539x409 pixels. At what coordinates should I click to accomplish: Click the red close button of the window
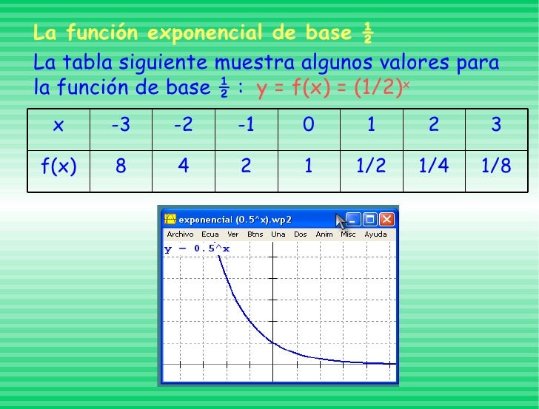(x=387, y=220)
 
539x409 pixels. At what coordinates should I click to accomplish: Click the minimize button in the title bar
(x=353, y=220)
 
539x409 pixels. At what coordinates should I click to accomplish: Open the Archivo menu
(x=180, y=234)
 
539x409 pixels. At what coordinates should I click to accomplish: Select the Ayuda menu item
(x=375, y=234)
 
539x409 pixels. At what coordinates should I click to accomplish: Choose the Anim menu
(x=324, y=234)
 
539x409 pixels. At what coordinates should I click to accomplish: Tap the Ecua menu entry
(x=211, y=234)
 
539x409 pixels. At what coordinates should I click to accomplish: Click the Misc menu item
(x=348, y=234)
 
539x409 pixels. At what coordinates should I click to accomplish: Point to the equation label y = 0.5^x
(x=197, y=249)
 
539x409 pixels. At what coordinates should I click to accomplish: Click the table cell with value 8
(x=120, y=166)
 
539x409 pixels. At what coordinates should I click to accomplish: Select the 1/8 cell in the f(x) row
(x=496, y=166)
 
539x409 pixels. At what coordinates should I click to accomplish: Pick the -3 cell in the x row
(x=120, y=126)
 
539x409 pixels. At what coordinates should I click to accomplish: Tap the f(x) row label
(x=58, y=166)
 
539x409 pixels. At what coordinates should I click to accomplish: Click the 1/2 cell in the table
(x=371, y=166)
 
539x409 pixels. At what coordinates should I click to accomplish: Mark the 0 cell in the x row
(x=308, y=126)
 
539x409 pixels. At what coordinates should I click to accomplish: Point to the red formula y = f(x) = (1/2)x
(x=332, y=88)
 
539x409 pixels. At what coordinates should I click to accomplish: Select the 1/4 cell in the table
(x=434, y=166)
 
